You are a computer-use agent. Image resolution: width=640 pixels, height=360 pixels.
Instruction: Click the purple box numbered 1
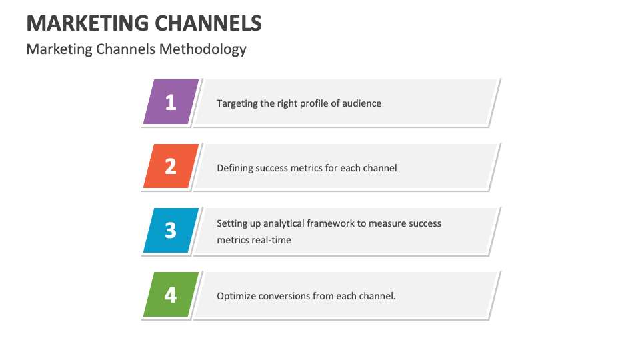pyautogui.click(x=171, y=102)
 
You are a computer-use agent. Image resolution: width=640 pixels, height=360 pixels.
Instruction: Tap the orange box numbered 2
pyautogui.click(x=171, y=166)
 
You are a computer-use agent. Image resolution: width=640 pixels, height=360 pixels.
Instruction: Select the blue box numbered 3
pyautogui.click(x=171, y=230)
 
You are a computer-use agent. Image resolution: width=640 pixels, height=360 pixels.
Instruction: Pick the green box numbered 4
pyautogui.click(x=171, y=294)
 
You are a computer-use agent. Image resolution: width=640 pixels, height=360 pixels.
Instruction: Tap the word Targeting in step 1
pyautogui.click(x=237, y=103)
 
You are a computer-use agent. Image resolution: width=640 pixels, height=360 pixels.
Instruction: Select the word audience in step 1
pyautogui.click(x=362, y=103)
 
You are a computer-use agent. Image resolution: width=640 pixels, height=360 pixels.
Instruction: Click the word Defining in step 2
pyautogui.click(x=235, y=168)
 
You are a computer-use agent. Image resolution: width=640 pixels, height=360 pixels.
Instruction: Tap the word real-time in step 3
pyautogui.click(x=271, y=240)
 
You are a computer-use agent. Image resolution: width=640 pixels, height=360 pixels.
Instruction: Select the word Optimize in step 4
pyautogui.click(x=236, y=296)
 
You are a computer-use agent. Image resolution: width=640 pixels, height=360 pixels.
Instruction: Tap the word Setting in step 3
pyautogui.click(x=231, y=223)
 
